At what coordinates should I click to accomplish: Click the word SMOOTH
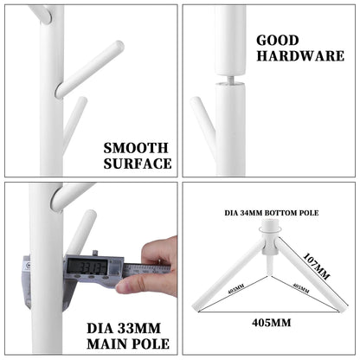click(x=137, y=147)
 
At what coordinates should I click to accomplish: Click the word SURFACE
click(x=137, y=163)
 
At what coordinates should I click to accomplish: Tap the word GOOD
click(x=277, y=40)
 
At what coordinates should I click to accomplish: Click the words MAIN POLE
click(x=129, y=344)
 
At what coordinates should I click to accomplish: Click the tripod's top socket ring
click(x=269, y=227)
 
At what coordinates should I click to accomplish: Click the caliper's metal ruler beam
click(x=138, y=270)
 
